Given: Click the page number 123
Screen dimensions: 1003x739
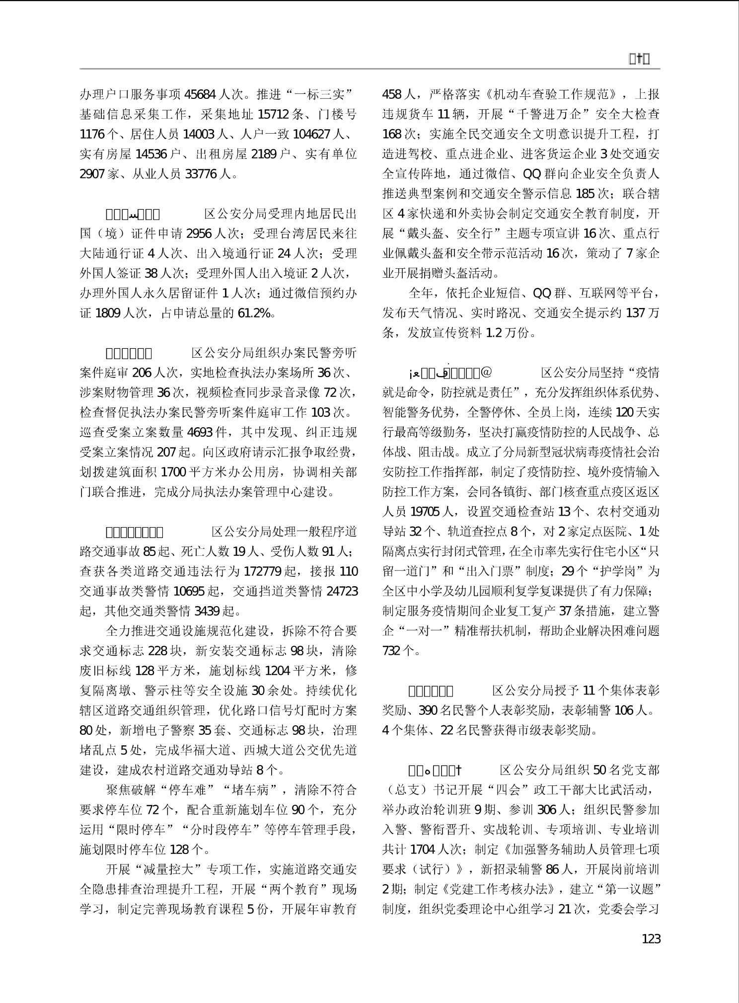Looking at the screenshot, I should pos(651,939).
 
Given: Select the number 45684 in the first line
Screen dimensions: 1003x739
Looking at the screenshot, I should pos(200,94).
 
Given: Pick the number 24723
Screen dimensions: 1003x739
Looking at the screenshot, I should pos(341,591).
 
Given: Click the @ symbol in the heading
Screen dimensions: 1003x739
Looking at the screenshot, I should pos(486,373).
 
